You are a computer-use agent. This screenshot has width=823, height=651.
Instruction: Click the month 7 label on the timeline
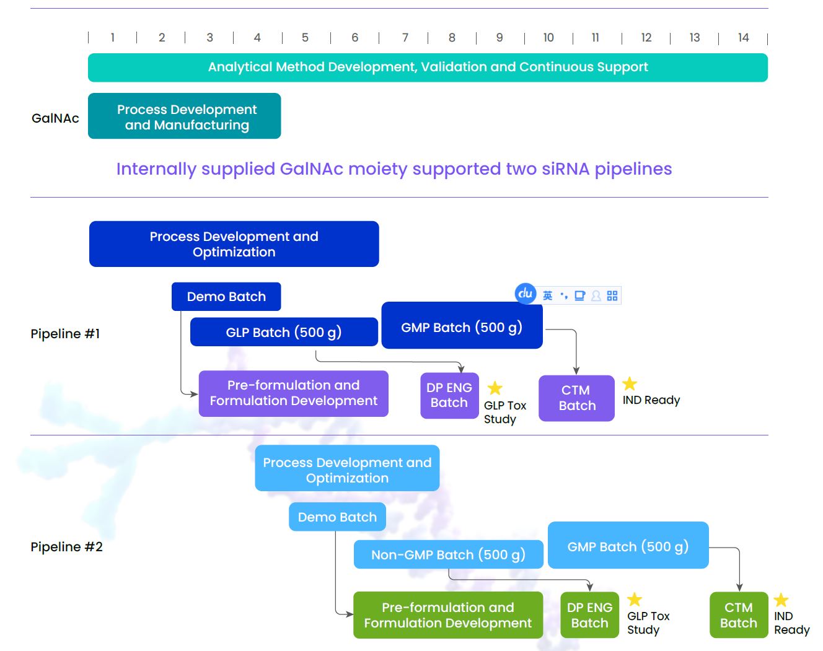tap(405, 37)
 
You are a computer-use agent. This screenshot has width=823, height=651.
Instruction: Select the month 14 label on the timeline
tap(743, 37)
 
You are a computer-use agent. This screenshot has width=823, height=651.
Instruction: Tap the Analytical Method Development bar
tap(428, 68)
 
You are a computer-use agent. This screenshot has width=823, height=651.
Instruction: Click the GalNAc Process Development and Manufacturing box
tap(184, 116)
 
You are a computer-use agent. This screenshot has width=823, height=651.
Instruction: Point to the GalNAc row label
tap(55, 118)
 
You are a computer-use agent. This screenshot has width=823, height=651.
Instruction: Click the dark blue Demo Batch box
tap(226, 297)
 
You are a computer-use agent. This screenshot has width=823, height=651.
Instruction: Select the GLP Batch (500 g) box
tap(284, 332)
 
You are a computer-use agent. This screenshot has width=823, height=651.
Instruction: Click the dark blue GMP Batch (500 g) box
tap(462, 325)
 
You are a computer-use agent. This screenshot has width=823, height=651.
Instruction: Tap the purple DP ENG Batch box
tap(449, 396)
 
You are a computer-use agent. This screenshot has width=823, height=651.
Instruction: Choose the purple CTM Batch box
tap(577, 398)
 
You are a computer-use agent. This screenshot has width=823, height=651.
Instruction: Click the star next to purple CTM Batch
tap(630, 383)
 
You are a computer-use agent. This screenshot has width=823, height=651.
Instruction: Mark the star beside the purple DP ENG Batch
tap(495, 388)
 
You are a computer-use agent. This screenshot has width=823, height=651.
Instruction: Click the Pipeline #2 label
tap(66, 547)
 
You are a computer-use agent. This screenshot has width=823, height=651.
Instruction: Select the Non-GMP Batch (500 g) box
tap(448, 554)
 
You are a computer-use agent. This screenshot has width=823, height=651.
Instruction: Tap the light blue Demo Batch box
tap(337, 517)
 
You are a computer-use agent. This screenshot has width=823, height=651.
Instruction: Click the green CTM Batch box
tap(739, 615)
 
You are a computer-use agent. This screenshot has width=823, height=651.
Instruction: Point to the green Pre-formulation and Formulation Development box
tap(448, 615)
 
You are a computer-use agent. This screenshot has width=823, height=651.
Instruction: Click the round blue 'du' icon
tap(526, 294)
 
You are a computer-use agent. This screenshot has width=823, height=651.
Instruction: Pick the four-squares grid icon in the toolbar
tap(612, 295)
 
